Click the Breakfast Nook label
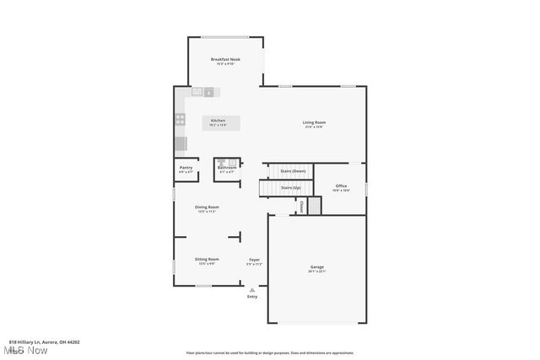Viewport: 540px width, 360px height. [225, 60]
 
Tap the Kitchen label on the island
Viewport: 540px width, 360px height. [219, 121]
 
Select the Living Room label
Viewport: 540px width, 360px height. [315, 123]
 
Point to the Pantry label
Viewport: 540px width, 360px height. [186, 168]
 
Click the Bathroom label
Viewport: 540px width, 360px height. [227, 168]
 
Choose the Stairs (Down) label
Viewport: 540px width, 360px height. [293, 171]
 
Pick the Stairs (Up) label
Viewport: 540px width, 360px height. [292, 187]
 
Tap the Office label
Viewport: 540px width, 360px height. [341, 186]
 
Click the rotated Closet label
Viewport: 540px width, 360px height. [301, 207]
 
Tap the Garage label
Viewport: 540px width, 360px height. [316, 267]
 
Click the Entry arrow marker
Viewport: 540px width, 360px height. [251, 290]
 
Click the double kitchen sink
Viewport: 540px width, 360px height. [203, 91]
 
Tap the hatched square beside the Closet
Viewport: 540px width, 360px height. [315, 206]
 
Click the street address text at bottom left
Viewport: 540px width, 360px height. [44, 342]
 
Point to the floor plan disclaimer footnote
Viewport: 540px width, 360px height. [269, 353]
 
